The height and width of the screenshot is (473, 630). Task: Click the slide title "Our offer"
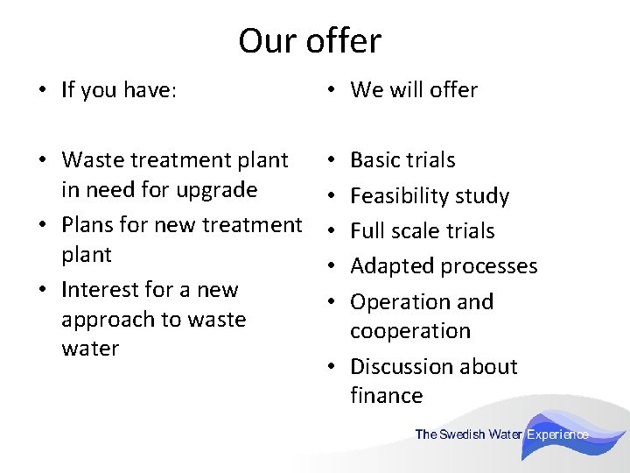[310, 41]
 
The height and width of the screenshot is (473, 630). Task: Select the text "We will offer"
[414, 90]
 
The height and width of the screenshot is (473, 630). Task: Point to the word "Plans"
[88, 225]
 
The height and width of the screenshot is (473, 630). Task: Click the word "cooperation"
[410, 331]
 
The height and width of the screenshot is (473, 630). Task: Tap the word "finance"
[386, 396]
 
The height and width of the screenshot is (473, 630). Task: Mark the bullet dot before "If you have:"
[40, 91]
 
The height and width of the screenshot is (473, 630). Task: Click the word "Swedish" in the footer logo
[463, 434]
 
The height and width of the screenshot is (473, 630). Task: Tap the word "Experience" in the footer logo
[557, 434]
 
